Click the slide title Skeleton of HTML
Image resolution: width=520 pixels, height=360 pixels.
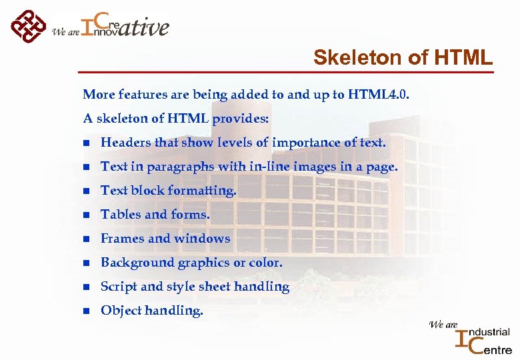coord(403,58)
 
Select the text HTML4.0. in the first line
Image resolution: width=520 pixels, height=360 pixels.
coord(384,95)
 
